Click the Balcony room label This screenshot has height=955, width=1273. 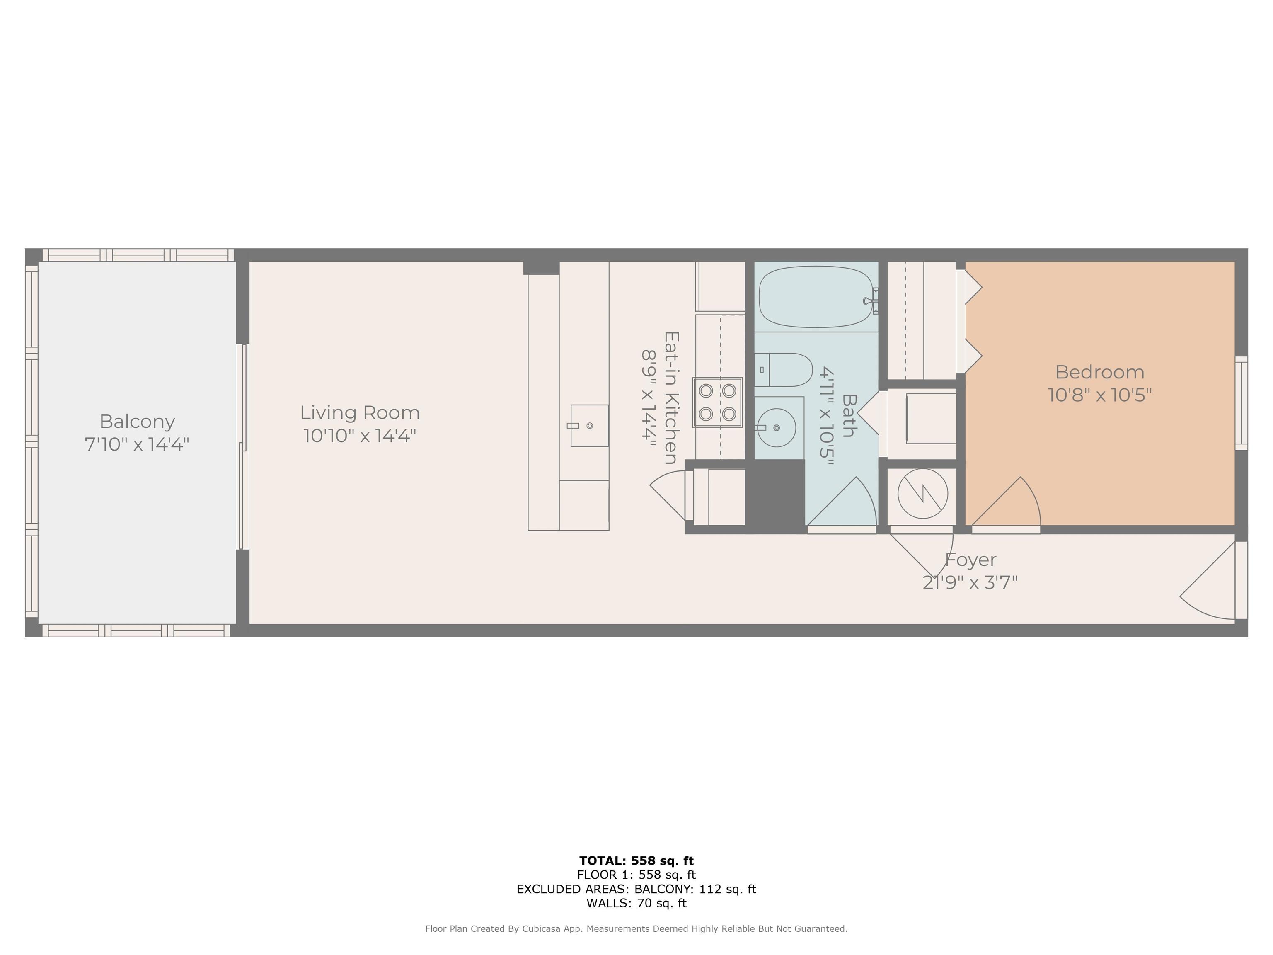(137, 422)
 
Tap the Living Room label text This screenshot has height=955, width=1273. (360, 413)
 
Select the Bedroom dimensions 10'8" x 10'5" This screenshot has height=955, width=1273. (1099, 395)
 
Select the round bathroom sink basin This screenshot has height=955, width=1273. (776, 428)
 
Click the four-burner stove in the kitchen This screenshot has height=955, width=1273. (717, 402)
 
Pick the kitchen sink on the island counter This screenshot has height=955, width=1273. (589, 425)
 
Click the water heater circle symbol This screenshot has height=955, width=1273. (922, 493)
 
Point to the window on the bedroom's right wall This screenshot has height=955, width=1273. (1242, 403)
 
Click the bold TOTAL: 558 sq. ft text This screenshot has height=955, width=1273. (636, 860)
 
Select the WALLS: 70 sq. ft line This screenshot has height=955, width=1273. (636, 903)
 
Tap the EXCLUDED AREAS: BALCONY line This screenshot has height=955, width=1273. (636, 889)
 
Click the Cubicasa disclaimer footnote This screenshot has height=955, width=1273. (636, 928)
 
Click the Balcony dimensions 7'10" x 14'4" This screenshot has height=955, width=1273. (137, 444)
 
